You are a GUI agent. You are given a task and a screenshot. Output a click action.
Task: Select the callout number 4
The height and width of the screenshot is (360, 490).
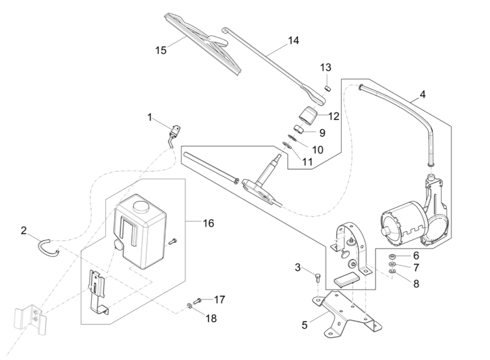coord(422,95)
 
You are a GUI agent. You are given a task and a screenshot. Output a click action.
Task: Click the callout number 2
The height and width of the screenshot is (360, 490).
coord(24,231)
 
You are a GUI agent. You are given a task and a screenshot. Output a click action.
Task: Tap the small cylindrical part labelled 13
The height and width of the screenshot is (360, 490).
coord(327,87)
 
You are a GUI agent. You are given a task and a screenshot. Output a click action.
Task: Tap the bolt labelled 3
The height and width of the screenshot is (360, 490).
coord(317,279)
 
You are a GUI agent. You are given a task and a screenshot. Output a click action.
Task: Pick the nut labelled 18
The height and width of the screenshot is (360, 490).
coord(189,306)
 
